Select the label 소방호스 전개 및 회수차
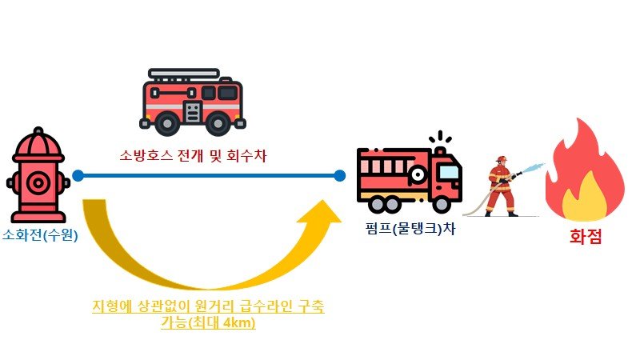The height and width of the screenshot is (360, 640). (x=192, y=154)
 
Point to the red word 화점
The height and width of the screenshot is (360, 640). (x=585, y=237)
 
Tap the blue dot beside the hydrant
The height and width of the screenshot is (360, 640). (x=78, y=175)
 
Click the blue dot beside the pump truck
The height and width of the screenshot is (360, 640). (x=340, y=175)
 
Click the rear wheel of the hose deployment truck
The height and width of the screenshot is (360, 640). (x=167, y=122)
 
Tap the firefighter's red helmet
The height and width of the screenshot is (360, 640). (x=502, y=160)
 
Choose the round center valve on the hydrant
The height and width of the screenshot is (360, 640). (x=38, y=183)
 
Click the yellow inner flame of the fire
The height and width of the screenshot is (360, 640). (x=586, y=196)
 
